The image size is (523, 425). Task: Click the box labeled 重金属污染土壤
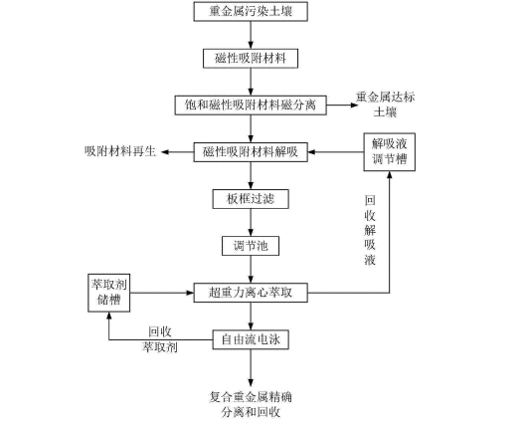tap(251, 12)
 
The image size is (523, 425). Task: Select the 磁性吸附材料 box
tap(251, 59)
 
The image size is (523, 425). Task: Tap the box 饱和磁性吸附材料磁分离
tap(251, 106)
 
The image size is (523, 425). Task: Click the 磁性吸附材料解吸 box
tap(251, 152)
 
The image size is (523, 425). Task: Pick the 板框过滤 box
tap(251, 199)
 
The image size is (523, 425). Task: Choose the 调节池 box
tap(251, 246)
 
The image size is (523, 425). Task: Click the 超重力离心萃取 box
tap(251, 293)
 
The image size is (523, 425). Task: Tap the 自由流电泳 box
tap(251, 339)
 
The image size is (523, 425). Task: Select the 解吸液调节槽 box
tap(389, 152)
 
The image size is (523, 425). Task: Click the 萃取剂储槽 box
tap(108, 293)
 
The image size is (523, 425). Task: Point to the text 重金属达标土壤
tap(385, 105)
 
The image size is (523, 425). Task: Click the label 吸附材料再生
tap(120, 151)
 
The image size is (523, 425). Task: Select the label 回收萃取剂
tap(160, 339)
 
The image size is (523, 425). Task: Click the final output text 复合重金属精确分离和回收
tap(251, 405)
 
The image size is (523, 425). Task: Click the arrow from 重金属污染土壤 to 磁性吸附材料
tap(251, 35)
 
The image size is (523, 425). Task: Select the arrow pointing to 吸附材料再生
tap(177, 152)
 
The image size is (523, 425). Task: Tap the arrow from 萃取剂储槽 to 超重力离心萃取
tap(162, 293)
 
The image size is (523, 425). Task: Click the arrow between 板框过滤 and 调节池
tap(251, 223)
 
